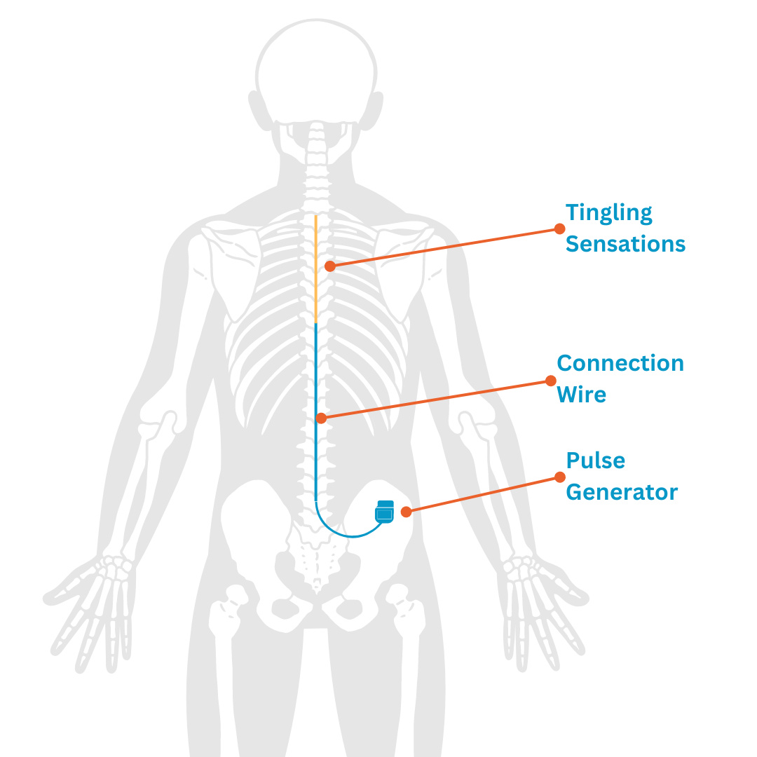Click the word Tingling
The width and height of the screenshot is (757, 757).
(608, 213)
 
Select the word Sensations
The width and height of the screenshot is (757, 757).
(625, 244)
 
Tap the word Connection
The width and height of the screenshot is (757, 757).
(620, 363)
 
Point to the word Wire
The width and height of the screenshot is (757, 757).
(581, 394)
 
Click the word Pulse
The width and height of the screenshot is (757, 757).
(595, 461)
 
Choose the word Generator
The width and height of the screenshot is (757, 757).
(622, 491)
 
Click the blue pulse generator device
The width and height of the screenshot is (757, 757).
(385, 512)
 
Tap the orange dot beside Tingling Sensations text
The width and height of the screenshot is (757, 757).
(559, 229)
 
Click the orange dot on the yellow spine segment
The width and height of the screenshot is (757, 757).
(329, 266)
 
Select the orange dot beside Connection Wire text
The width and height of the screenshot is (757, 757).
(550, 381)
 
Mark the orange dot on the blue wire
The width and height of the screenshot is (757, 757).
(321, 418)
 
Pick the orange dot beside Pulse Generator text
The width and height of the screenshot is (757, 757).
(559, 477)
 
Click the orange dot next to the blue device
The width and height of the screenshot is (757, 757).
(406, 512)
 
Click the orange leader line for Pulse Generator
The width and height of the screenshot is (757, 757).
(484, 494)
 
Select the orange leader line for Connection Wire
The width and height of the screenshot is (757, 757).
(435, 400)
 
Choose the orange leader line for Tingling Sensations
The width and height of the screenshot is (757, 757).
(445, 247)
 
